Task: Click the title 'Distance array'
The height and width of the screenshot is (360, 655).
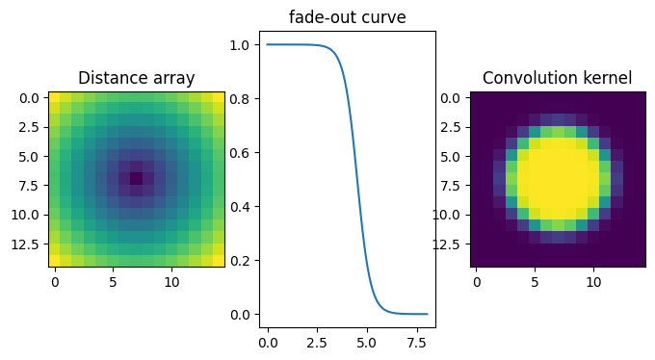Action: [136, 78]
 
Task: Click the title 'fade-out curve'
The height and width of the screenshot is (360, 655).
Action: [347, 17]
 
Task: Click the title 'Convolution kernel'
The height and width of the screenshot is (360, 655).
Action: [557, 78]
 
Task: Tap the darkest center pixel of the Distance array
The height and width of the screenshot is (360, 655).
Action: [136, 178]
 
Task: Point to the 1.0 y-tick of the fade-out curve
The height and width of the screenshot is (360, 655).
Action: [241, 44]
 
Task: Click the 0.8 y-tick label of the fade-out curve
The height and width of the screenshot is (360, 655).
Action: [241, 98]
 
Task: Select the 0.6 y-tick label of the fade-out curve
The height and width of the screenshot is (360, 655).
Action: [241, 152]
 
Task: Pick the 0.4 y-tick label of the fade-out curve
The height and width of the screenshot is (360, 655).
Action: [241, 206]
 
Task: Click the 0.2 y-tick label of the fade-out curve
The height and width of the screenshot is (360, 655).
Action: [241, 260]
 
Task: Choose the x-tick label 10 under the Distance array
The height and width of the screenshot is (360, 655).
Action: [171, 281]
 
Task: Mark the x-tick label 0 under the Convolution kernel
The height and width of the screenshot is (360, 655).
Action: [476, 281]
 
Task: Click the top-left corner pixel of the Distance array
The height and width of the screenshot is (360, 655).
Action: [54, 97]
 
